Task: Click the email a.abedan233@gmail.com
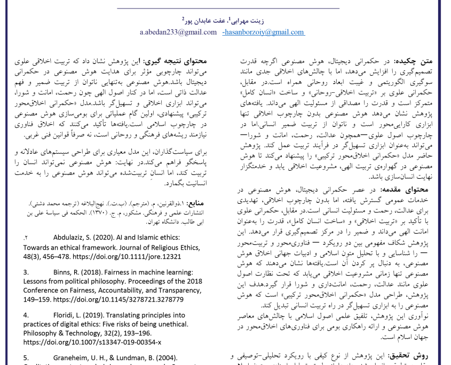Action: pos(178,32)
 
